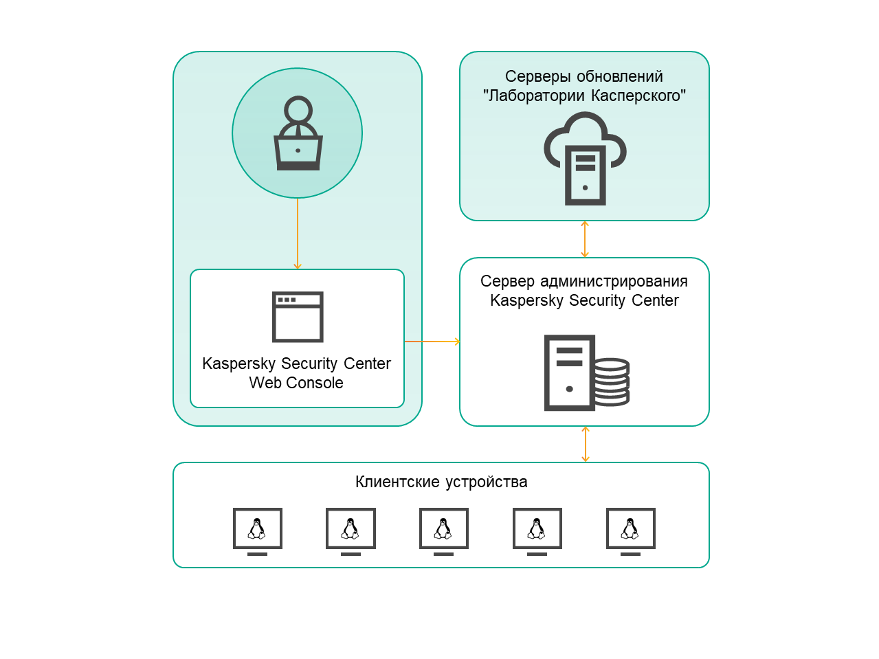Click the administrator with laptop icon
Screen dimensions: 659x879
coord(298,134)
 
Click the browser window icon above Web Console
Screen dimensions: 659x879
coord(298,317)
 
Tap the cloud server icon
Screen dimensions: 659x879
coord(585,159)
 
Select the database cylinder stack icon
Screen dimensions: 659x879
coord(612,381)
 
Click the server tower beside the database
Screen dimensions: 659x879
coord(569,372)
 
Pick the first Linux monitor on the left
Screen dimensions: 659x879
coord(257,529)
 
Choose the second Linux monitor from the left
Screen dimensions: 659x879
coord(351,529)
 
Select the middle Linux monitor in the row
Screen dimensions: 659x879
coord(444,529)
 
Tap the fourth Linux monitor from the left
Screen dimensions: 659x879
coord(537,529)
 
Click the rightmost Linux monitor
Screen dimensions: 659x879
coord(631,529)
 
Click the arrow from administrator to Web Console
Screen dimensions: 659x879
coord(298,234)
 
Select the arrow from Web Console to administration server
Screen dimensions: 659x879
coord(432,342)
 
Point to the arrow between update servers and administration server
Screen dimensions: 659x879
coord(585,239)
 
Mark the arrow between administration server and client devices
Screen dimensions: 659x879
coord(586,444)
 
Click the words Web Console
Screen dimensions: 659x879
coord(296,383)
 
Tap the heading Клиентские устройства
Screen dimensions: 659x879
coord(441,482)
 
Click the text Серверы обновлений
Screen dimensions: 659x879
coord(584,76)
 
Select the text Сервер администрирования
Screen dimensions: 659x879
coord(584,281)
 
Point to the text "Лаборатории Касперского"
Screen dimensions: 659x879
coord(584,96)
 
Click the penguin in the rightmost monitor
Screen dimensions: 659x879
coord(630,528)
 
